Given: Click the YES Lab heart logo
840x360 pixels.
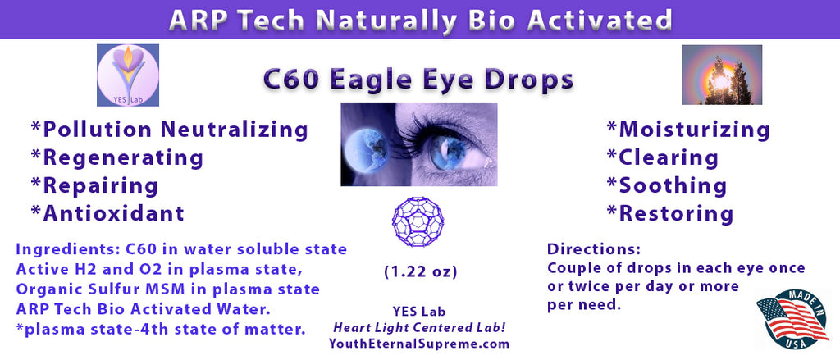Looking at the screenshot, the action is coord(128,75).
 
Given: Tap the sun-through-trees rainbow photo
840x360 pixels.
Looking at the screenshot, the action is coord(722,75).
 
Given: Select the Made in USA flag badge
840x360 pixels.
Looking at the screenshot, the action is coord(792,319).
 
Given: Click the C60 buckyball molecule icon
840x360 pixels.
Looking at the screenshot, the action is coord(418,221).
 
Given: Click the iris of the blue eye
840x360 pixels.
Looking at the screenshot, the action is coord(449,153).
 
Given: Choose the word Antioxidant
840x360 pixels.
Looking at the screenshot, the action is coord(113,213).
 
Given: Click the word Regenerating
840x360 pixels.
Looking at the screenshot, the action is coord(123,158).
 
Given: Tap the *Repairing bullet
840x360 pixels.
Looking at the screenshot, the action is coord(94,186).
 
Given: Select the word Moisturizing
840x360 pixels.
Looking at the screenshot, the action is coord(694,130).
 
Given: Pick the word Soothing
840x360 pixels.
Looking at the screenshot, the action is coord(673,186).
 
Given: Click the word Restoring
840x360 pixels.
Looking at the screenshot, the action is coord(676,214).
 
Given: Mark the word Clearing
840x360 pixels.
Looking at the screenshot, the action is coord(669,158).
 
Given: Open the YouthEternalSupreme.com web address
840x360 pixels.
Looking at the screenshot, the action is coord(420,344).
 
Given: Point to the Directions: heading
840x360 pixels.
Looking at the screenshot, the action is coord(594,249).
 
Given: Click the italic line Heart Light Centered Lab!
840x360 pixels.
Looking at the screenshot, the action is coord(420,328).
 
